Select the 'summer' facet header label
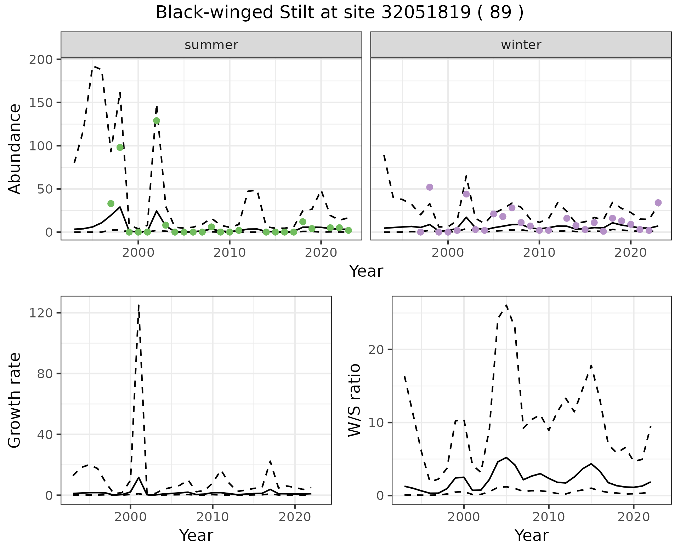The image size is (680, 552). pos(211,45)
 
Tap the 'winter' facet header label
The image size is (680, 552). pos(521,45)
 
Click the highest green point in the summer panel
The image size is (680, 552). pos(157,121)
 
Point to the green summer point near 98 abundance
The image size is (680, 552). pos(120,147)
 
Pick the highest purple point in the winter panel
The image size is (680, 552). pos(430,187)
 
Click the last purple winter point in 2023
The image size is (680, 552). pos(658,203)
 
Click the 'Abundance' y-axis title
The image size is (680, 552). pos(15,149)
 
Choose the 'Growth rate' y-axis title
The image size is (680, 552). pos(15,400)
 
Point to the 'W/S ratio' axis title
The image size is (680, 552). pos(355,400)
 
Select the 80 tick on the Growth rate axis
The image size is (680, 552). pos(48,374)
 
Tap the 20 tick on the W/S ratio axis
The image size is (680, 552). pos(380,350)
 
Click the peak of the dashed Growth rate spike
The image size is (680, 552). pos(138,305)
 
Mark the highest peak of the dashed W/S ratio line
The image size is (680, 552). pos(506,305)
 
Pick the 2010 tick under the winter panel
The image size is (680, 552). pos(539,253)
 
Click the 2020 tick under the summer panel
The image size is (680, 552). pos(321,253)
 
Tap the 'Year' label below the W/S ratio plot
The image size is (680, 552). pos(531,535)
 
